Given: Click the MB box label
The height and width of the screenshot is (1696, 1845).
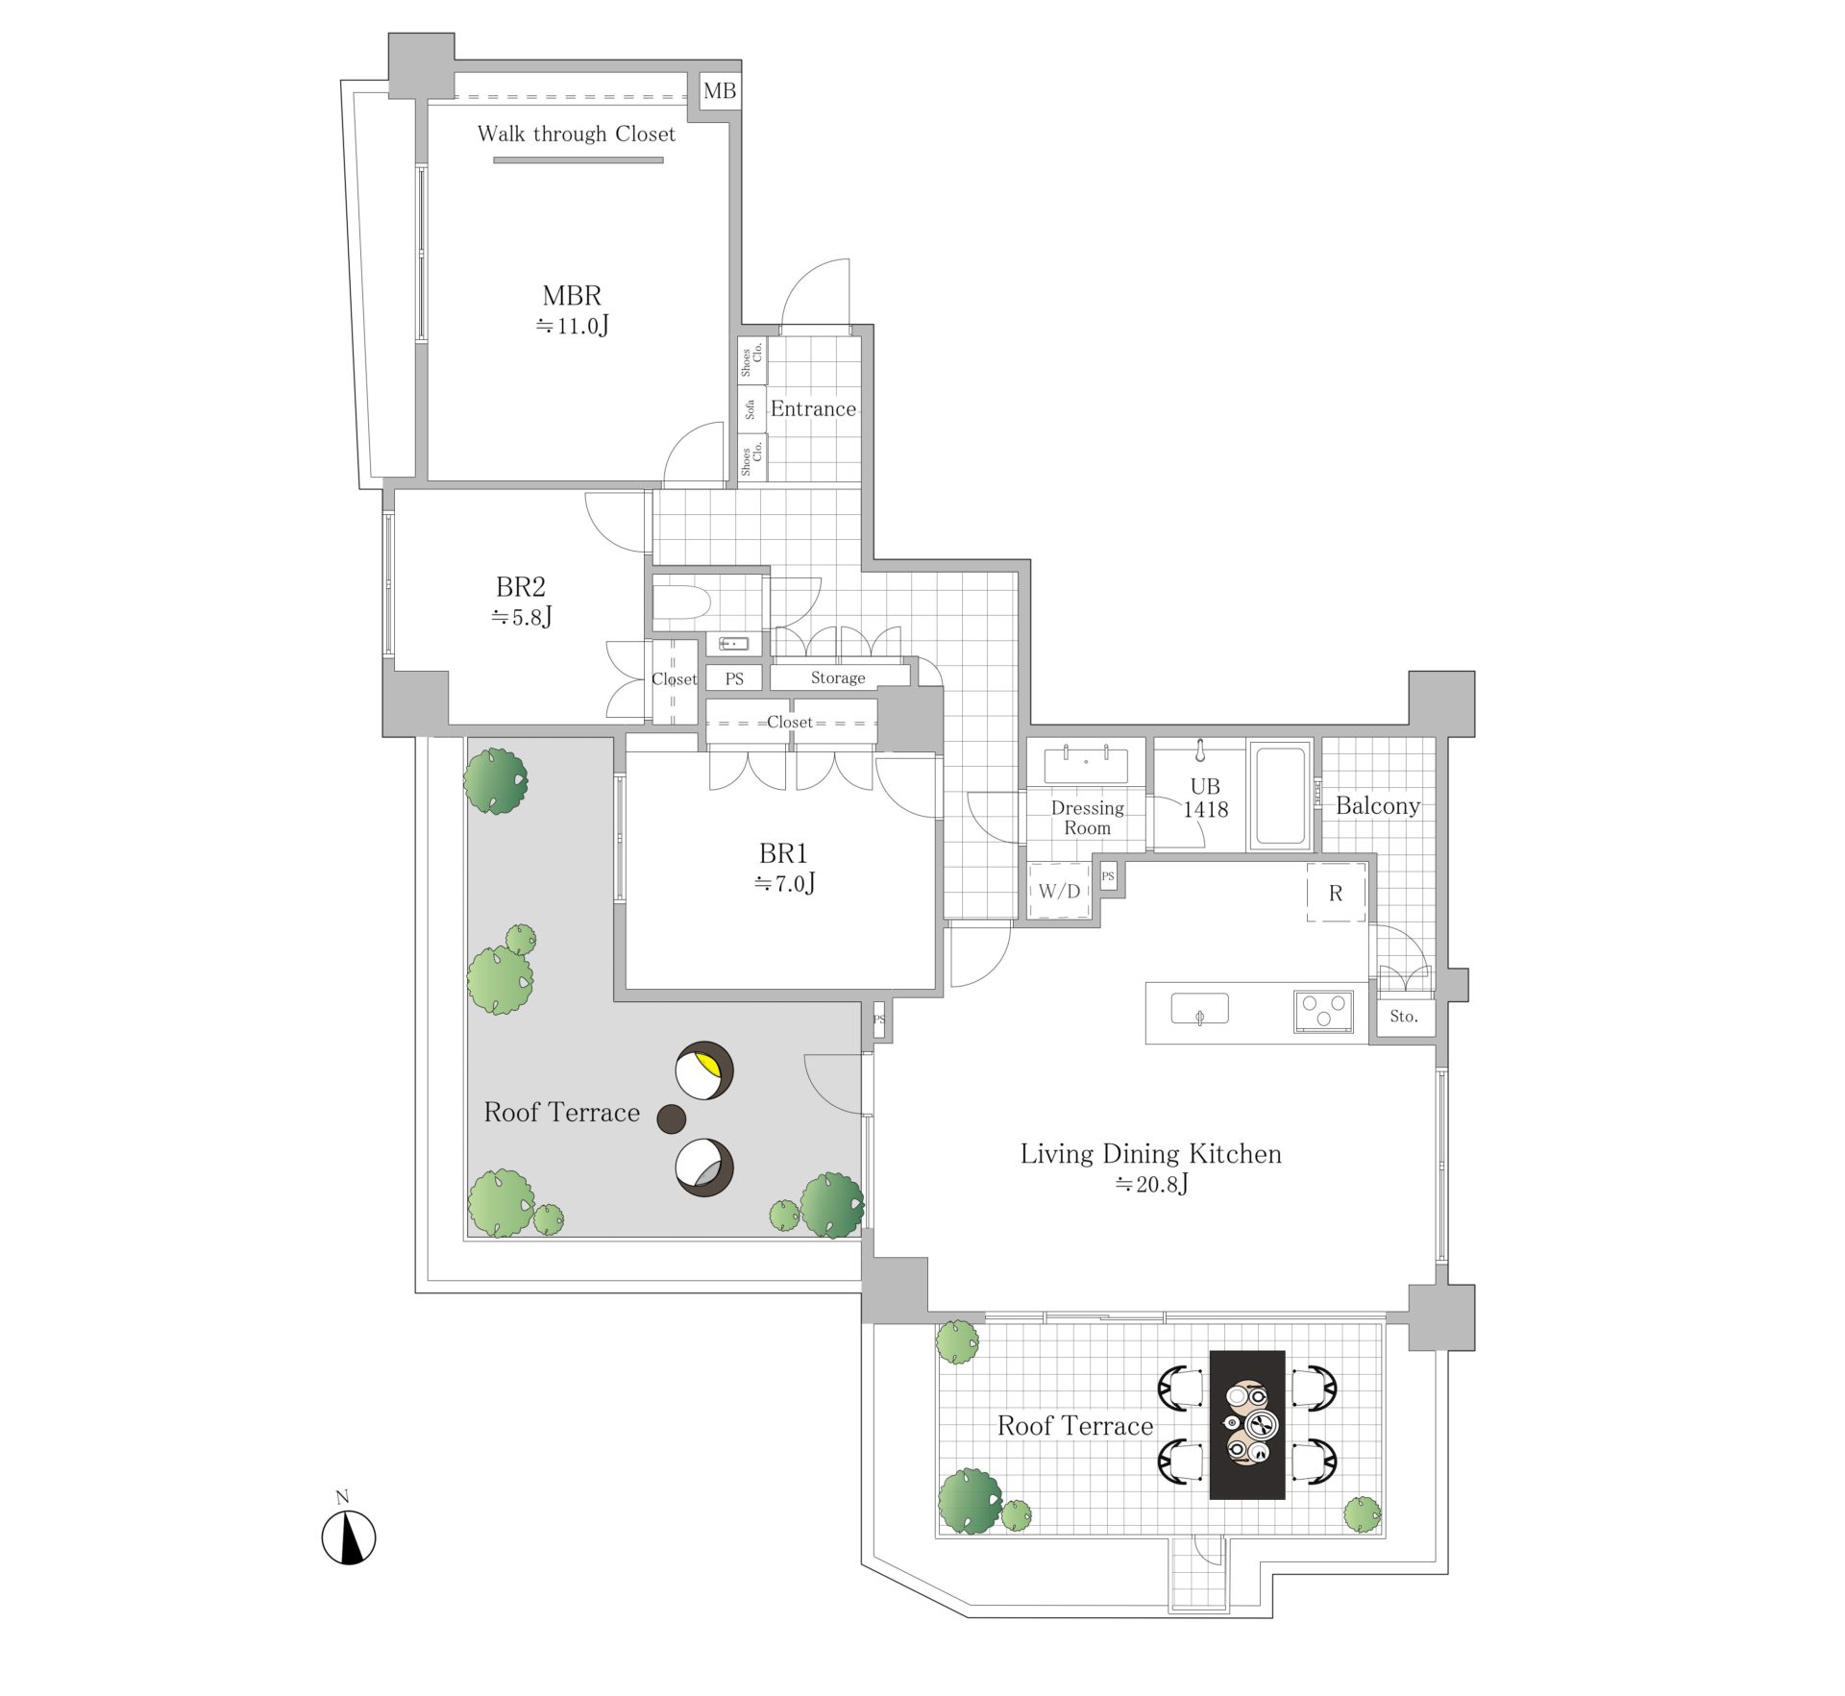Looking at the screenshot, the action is click(x=720, y=91).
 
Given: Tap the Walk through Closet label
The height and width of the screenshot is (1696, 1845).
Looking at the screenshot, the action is click(x=577, y=135).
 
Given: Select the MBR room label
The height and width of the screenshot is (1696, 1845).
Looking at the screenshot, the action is click(x=573, y=296).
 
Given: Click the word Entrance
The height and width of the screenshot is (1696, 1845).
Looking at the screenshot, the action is click(x=813, y=408).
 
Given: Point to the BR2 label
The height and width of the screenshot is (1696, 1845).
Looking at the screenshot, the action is click(x=521, y=586).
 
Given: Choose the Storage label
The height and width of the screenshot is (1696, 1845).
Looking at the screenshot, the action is click(x=838, y=677).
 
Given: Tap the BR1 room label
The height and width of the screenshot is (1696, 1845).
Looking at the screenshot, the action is click(x=783, y=853).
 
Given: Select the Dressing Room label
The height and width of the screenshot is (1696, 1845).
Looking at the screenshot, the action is click(x=1087, y=818).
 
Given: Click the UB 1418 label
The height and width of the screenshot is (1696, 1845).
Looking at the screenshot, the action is click(x=1205, y=798).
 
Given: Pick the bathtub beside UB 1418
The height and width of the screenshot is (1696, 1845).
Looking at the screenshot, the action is click(x=1280, y=795).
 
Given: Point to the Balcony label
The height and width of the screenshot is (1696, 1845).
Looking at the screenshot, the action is click(x=1378, y=806).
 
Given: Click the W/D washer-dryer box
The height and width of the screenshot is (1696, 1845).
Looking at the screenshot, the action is click(x=1059, y=891).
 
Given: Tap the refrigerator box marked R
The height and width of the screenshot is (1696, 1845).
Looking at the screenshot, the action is click(x=1336, y=893).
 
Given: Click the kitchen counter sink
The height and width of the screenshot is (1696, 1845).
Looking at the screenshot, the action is click(x=1199, y=1010).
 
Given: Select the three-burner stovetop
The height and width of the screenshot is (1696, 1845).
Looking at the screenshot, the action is click(x=1323, y=1012).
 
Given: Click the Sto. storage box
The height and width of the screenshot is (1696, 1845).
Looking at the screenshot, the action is click(x=1404, y=1016).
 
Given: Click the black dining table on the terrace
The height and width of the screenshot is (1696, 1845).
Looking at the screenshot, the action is click(x=1247, y=1425).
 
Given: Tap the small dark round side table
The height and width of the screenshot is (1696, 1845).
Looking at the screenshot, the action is click(x=672, y=1118).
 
